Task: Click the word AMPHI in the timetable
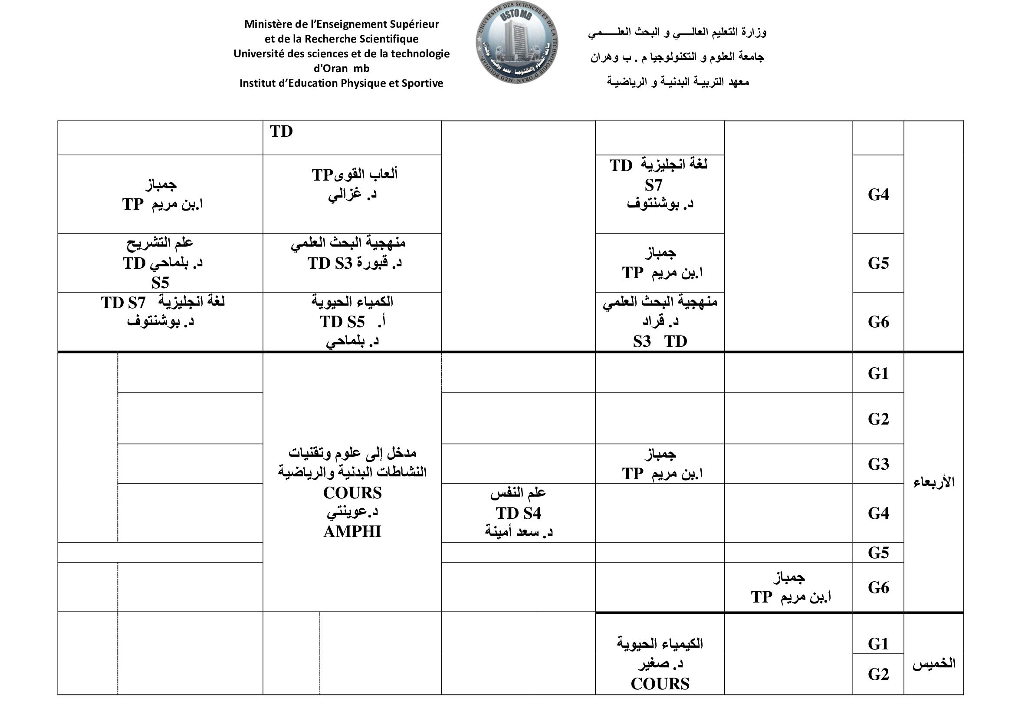352,531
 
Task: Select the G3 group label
878,464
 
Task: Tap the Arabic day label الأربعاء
934,481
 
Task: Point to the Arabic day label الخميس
934,664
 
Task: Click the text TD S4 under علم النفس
518,513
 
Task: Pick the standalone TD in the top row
281,131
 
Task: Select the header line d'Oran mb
341,69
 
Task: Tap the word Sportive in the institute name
422,83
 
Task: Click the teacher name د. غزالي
352,194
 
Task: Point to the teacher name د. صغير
660,663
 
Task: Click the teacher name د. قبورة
379,263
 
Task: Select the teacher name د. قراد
660,321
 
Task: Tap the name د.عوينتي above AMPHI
352,511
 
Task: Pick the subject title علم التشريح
160,242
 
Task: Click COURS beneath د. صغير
660,684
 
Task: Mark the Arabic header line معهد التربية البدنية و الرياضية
678,82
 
